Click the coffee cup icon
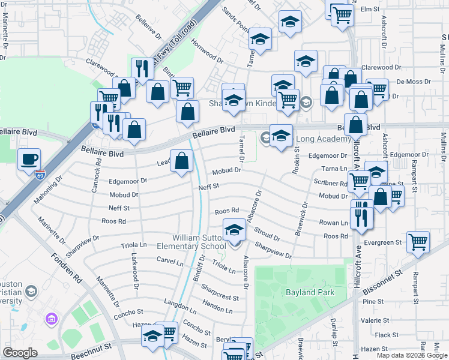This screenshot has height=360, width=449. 29,160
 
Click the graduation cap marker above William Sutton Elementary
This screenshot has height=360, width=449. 234,230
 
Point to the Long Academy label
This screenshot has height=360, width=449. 324,139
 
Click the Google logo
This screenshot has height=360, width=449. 20,353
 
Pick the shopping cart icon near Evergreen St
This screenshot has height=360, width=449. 418,242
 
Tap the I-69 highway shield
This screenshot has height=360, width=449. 40,175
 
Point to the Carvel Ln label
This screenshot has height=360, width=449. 170,262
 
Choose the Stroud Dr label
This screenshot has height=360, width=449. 267,233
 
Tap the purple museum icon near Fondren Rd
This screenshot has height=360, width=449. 50,317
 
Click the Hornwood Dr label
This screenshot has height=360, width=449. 206,52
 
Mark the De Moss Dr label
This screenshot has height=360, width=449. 414,81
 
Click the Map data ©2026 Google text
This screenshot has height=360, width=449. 412,355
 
